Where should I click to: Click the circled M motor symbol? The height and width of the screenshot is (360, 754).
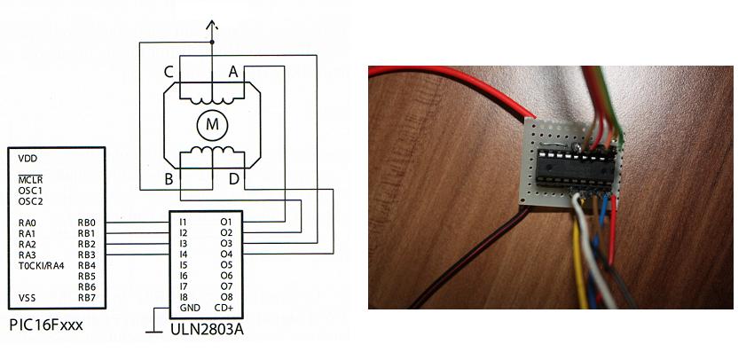point(212,126)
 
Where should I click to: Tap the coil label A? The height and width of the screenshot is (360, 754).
point(233,72)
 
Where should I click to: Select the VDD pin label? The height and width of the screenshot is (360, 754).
point(28,159)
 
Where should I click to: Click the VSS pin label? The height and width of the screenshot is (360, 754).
point(27,297)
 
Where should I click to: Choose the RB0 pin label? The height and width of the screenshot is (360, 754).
point(86,223)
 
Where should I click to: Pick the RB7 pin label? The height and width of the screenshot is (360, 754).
point(86,297)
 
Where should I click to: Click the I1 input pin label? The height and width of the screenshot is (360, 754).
point(183,222)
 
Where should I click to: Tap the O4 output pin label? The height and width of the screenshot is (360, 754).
point(225,254)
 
